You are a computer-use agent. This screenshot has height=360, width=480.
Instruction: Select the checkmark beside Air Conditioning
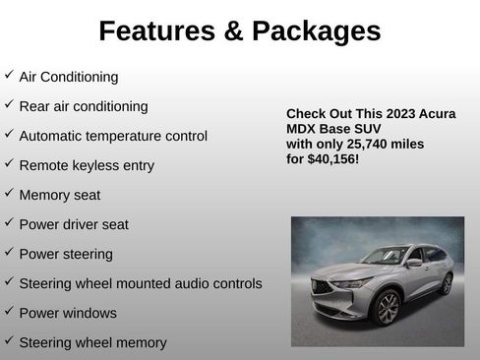[x=9, y=75]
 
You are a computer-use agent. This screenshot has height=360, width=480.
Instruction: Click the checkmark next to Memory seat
[x=9, y=193]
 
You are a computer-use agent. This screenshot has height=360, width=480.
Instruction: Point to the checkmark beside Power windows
[x=9, y=311]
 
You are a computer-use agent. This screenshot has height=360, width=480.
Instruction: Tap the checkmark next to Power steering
[x=9, y=252]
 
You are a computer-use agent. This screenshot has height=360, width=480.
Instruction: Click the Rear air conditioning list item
[x=84, y=106]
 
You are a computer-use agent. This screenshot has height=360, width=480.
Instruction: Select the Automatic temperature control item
[x=113, y=136]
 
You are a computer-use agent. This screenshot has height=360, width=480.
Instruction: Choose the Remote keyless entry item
[x=87, y=165]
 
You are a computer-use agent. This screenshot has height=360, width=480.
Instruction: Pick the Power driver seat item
[x=74, y=224]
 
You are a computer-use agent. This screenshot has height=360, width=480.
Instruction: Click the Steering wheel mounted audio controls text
[x=141, y=283]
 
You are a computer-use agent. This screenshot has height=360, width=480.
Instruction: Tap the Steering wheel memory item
[x=92, y=342]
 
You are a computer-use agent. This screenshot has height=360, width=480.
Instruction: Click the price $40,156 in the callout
[x=333, y=158]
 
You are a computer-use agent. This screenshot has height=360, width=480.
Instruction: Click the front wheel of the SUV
[x=388, y=308]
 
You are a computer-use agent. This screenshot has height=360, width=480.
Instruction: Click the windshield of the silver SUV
[x=387, y=256]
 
